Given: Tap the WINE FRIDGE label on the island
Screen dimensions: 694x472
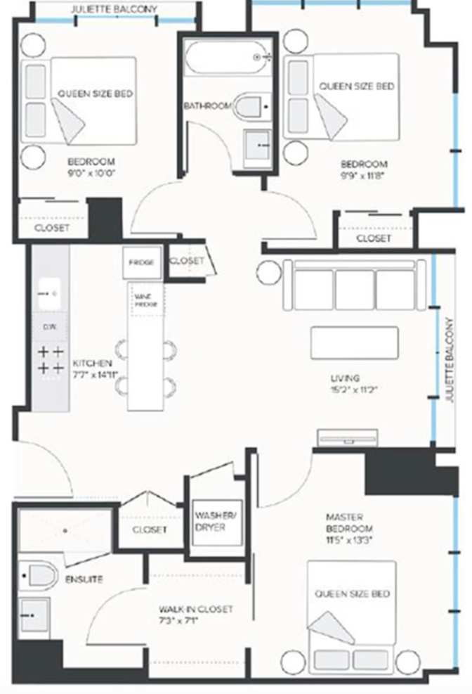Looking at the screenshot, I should (145, 300).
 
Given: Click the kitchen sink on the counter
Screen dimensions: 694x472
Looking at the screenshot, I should (50, 293).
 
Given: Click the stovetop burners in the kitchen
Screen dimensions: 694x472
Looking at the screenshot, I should (50, 359).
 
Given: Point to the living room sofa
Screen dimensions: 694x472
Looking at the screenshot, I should (354, 285).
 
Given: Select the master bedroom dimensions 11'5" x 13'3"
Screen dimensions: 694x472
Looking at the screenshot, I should (349, 540).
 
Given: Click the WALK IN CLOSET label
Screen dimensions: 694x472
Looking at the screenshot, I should (195, 609).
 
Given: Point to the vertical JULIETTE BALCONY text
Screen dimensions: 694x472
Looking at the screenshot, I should (450, 359).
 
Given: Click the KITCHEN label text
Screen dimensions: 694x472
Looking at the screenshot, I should (92, 363).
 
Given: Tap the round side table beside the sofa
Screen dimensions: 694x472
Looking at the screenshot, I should (268, 273).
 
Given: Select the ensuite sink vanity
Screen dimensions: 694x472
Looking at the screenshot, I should (34, 615).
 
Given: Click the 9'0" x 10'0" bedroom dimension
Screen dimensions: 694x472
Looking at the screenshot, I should (91, 171).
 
